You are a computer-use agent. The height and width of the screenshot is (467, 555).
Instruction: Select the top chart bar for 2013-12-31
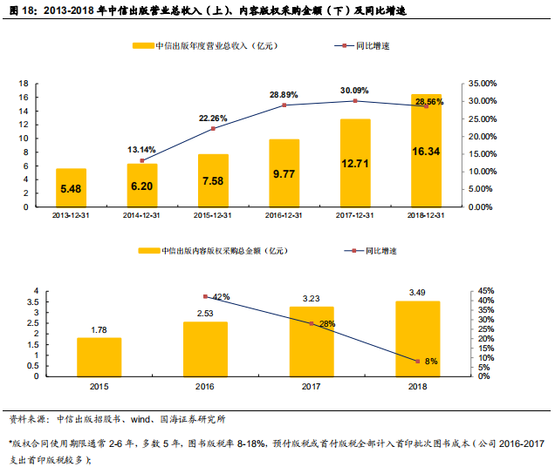[71, 187]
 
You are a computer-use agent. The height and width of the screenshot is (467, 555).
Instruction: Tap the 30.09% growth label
[354, 90]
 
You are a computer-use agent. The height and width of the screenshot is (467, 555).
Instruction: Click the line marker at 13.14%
[141, 160]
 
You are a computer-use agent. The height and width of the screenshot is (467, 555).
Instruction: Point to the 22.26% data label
[213, 118]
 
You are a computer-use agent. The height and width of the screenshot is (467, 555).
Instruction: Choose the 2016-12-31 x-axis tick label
[284, 214]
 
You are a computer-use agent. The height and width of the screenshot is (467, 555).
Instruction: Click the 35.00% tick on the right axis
[481, 84]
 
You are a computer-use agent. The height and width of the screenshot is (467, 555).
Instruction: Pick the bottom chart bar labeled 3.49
[418, 338]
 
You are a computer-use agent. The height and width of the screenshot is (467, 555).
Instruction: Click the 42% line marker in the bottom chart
[205, 297]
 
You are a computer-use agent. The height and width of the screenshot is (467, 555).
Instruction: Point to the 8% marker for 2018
[418, 361]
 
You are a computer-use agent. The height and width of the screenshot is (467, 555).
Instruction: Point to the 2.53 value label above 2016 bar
[205, 314]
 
